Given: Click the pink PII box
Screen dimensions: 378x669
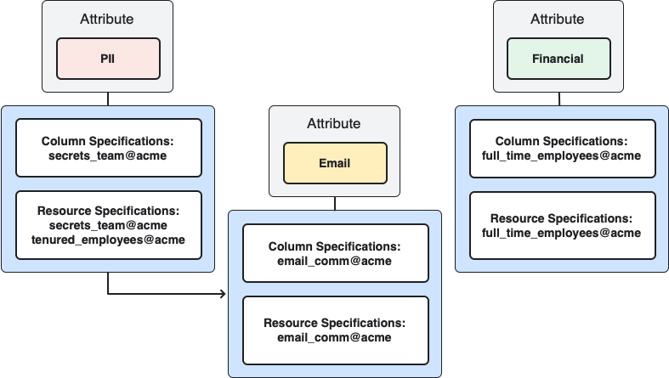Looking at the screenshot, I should (108, 59).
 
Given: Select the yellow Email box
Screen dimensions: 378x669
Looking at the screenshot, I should (335, 163).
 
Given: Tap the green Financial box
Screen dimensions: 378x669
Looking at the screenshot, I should (558, 59).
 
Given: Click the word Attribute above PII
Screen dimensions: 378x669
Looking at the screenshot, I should (108, 19).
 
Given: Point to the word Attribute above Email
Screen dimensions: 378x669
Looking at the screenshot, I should (334, 124).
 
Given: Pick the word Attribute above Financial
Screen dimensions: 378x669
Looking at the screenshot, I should (558, 19).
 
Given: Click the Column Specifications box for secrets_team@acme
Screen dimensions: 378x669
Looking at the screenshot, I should (108, 148).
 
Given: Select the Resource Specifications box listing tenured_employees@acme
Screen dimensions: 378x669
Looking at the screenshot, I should (108, 226).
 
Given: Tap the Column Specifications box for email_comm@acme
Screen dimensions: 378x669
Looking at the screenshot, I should (334, 253).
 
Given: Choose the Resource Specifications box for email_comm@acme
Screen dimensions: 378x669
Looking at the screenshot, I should (334, 330).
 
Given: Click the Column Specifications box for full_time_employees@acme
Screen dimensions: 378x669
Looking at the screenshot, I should (562, 148).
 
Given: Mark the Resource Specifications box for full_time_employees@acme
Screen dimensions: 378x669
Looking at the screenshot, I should (562, 224).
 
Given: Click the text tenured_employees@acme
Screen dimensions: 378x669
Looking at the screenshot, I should (108, 240).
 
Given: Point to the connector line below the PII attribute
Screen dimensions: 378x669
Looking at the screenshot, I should (108, 99).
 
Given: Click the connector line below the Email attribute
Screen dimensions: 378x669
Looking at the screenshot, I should (334, 204).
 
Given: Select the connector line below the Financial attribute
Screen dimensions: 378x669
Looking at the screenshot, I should (558, 99).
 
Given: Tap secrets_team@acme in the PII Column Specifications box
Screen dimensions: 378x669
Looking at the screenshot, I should (108, 155).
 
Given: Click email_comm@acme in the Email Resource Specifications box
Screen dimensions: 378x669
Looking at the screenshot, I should (334, 337).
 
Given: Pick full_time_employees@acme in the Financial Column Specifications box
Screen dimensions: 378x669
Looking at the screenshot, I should (562, 155).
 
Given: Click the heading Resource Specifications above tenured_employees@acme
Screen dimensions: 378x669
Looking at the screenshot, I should (108, 211).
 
